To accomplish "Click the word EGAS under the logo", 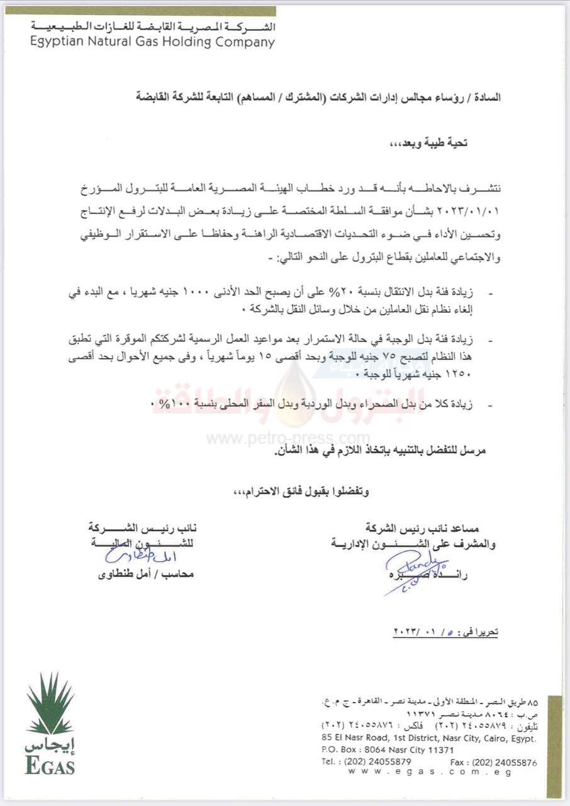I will [x=50, y=766].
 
